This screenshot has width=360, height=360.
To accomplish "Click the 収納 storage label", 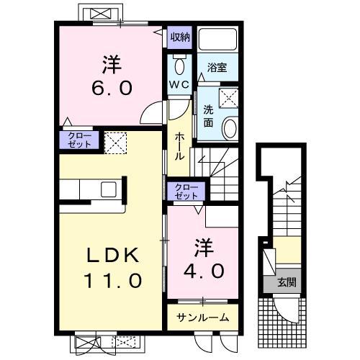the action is point(180,37).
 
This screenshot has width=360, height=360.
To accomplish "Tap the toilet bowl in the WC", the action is point(179,66).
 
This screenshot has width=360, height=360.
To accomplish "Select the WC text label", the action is point(179,84).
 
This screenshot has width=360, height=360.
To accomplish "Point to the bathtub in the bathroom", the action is point(218,39).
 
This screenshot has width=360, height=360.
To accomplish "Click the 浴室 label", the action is point(217,68).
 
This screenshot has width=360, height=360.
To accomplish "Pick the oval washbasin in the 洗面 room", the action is point(230,128).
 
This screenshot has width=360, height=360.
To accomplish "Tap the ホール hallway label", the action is point(179,146).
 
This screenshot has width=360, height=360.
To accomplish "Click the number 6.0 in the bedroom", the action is point(112,88).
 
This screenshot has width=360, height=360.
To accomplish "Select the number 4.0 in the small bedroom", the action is point(204,271).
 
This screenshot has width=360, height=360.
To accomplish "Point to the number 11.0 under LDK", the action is point(112,281).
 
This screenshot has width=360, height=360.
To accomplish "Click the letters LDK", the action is point(113,255).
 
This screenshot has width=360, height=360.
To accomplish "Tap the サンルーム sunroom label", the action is point(203,318).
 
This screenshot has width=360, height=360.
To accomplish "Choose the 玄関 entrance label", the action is point(287,282).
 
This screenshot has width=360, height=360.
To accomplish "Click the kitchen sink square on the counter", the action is point(109,189).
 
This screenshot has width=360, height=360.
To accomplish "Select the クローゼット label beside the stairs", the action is point(186,192).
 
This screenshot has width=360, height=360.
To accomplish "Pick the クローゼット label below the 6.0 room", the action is point(79,140).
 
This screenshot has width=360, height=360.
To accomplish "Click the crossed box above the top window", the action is point(102,14).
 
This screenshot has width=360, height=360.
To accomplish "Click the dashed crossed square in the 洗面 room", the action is point(229,97).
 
